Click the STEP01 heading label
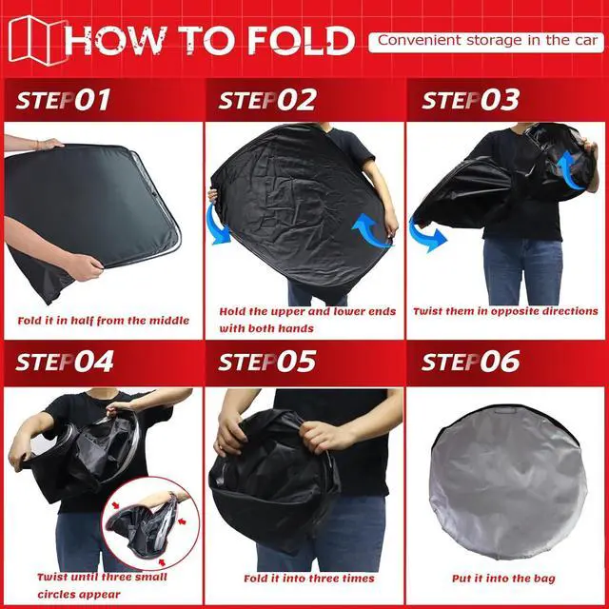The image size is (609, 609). (x=64, y=101)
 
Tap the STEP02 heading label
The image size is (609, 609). (x=267, y=101)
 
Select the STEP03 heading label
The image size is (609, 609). (x=470, y=101)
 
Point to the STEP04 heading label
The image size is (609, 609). (x=65, y=363)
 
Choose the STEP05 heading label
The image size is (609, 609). (x=267, y=363)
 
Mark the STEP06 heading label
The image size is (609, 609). (x=470, y=363)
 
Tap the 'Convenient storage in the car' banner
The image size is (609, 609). (x=485, y=41)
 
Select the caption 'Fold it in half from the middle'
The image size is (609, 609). (x=103, y=321)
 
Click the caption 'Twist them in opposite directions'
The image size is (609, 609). (x=505, y=311)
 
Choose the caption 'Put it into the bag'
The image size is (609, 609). (x=505, y=579)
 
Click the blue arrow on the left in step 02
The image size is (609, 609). (x=220, y=227)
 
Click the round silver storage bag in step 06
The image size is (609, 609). (x=505, y=485)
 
